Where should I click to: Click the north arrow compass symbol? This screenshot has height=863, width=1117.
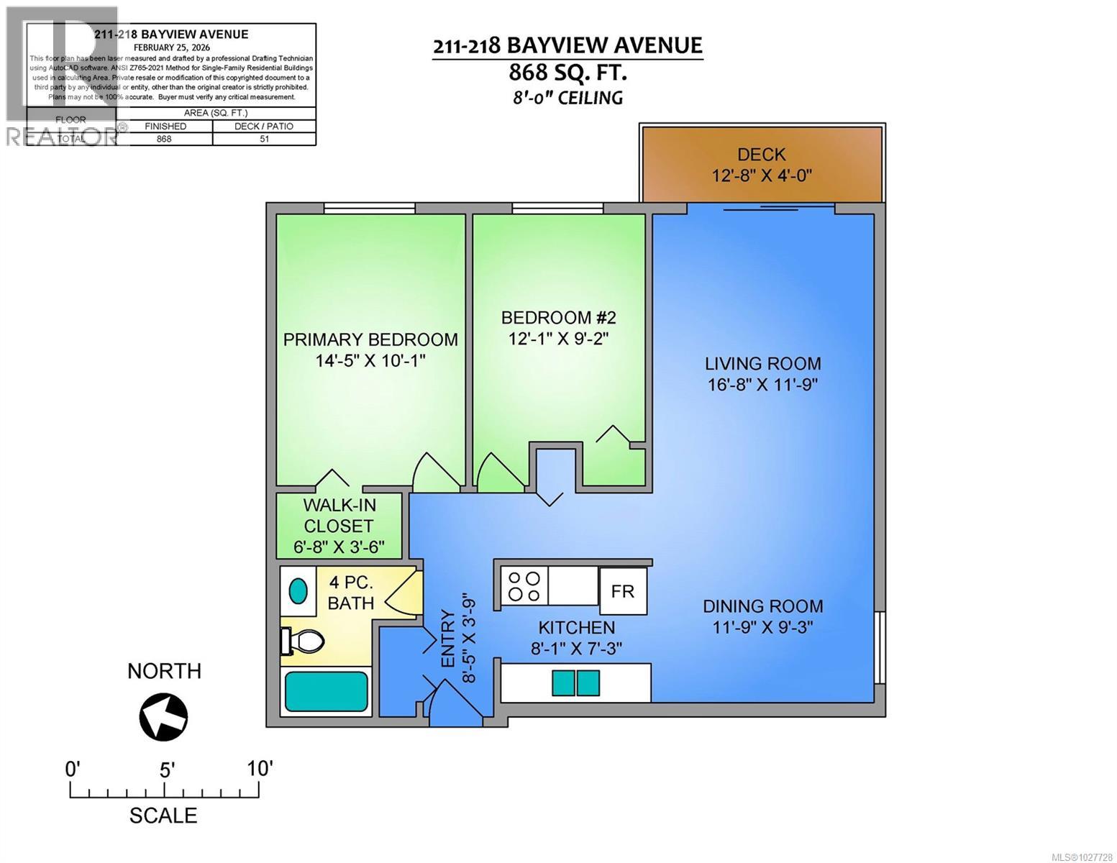coord(163,717)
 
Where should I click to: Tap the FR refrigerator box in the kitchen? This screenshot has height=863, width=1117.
coord(622,591)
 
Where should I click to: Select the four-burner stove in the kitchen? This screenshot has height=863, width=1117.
coord(524,585)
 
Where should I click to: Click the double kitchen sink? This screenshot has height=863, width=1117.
coord(575,682)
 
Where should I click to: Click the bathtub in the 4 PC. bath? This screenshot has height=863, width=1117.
coord(327,691)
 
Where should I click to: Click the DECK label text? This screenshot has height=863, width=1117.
coord(761,155)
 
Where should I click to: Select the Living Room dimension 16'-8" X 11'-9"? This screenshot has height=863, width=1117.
coord(762,385)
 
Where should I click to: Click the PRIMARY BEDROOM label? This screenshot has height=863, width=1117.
coord(370,339)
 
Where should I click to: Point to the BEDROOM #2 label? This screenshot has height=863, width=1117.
coord(558,317)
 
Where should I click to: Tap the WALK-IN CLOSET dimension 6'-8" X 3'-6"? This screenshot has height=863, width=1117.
coord(338,547)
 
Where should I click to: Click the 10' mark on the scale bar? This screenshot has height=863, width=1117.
coord(259,769)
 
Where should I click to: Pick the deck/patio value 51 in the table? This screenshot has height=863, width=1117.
coord(264,139)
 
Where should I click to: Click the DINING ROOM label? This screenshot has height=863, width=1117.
coord(762,606)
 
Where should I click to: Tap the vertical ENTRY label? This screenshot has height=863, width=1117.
coord(447,639)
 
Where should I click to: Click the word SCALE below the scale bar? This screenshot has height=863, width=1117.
coord(163,816)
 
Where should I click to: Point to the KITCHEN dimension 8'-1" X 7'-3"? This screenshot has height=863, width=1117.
coord(576,649)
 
